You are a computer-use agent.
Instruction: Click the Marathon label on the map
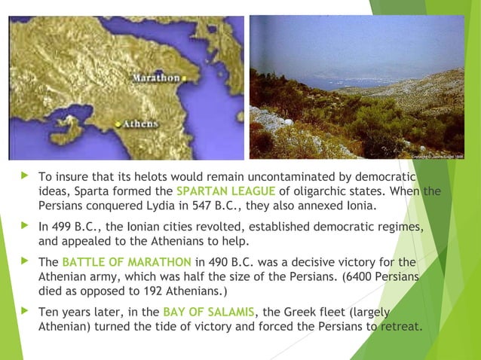(x=156, y=78)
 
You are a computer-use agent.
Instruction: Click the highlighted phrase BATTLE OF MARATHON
(x=127, y=263)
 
